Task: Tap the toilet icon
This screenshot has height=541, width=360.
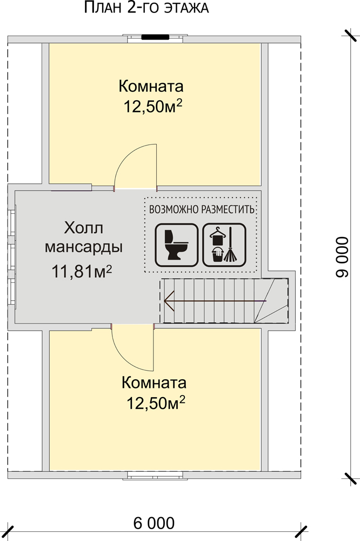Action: (x=175, y=245)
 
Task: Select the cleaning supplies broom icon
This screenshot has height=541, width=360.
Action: (x=224, y=245)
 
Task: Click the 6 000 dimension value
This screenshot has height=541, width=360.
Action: (x=154, y=523)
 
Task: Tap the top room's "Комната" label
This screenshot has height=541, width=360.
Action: (x=151, y=87)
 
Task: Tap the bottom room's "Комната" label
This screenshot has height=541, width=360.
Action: (x=154, y=383)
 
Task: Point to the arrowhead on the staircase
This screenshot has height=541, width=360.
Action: (x=169, y=298)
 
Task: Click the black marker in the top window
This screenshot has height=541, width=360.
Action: (x=154, y=37)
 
